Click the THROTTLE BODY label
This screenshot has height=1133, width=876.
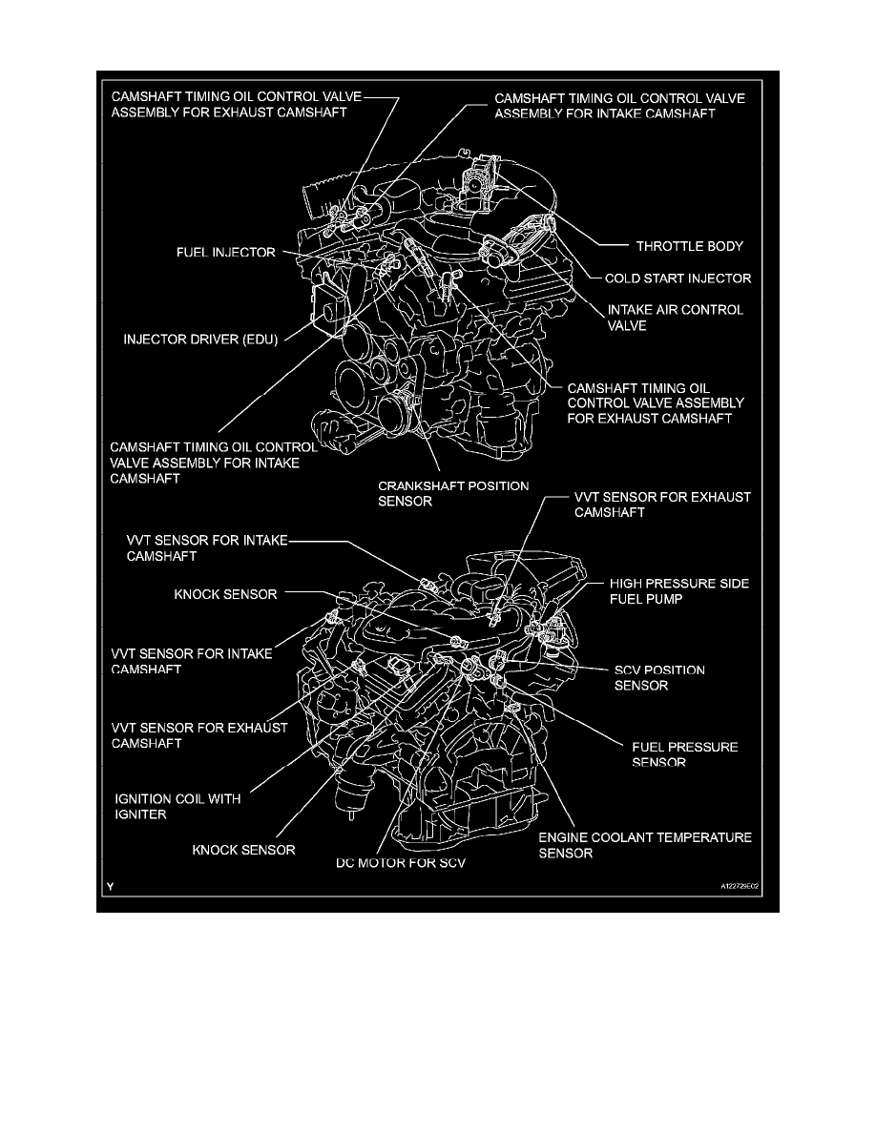(690, 246)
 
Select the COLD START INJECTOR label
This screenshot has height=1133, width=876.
(678, 279)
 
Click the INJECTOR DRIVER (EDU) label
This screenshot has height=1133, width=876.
(199, 338)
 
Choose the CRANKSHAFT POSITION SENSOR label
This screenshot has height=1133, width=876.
(453, 493)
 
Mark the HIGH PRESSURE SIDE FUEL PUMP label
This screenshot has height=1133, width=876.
(679, 590)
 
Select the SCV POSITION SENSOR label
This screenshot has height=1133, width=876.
(659, 677)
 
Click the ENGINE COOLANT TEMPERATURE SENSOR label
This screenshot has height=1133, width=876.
(645, 845)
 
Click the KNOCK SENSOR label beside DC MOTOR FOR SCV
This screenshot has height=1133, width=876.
(243, 849)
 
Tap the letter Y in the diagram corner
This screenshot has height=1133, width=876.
(112, 887)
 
